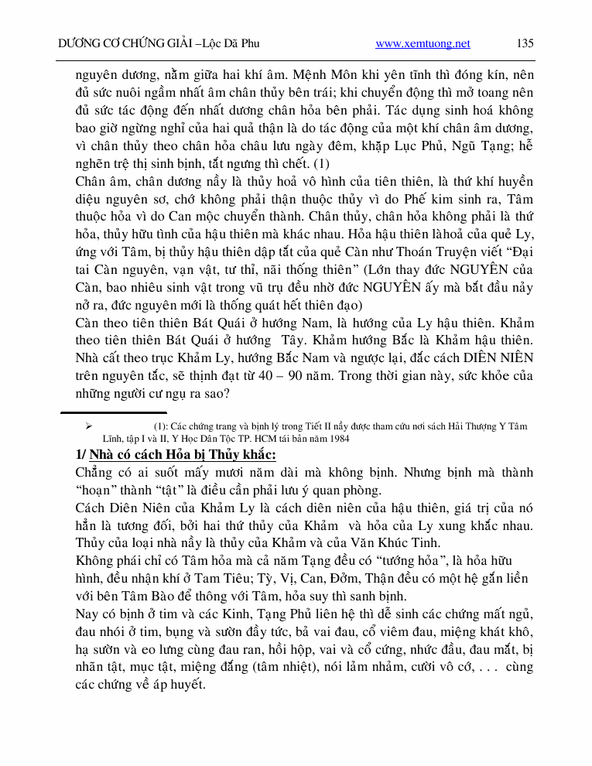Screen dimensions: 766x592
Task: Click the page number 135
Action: (x=525, y=43)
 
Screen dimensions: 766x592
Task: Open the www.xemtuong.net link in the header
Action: (x=423, y=43)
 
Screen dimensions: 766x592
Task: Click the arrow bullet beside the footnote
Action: (x=88, y=426)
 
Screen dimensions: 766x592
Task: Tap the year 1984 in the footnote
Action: (x=337, y=439)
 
